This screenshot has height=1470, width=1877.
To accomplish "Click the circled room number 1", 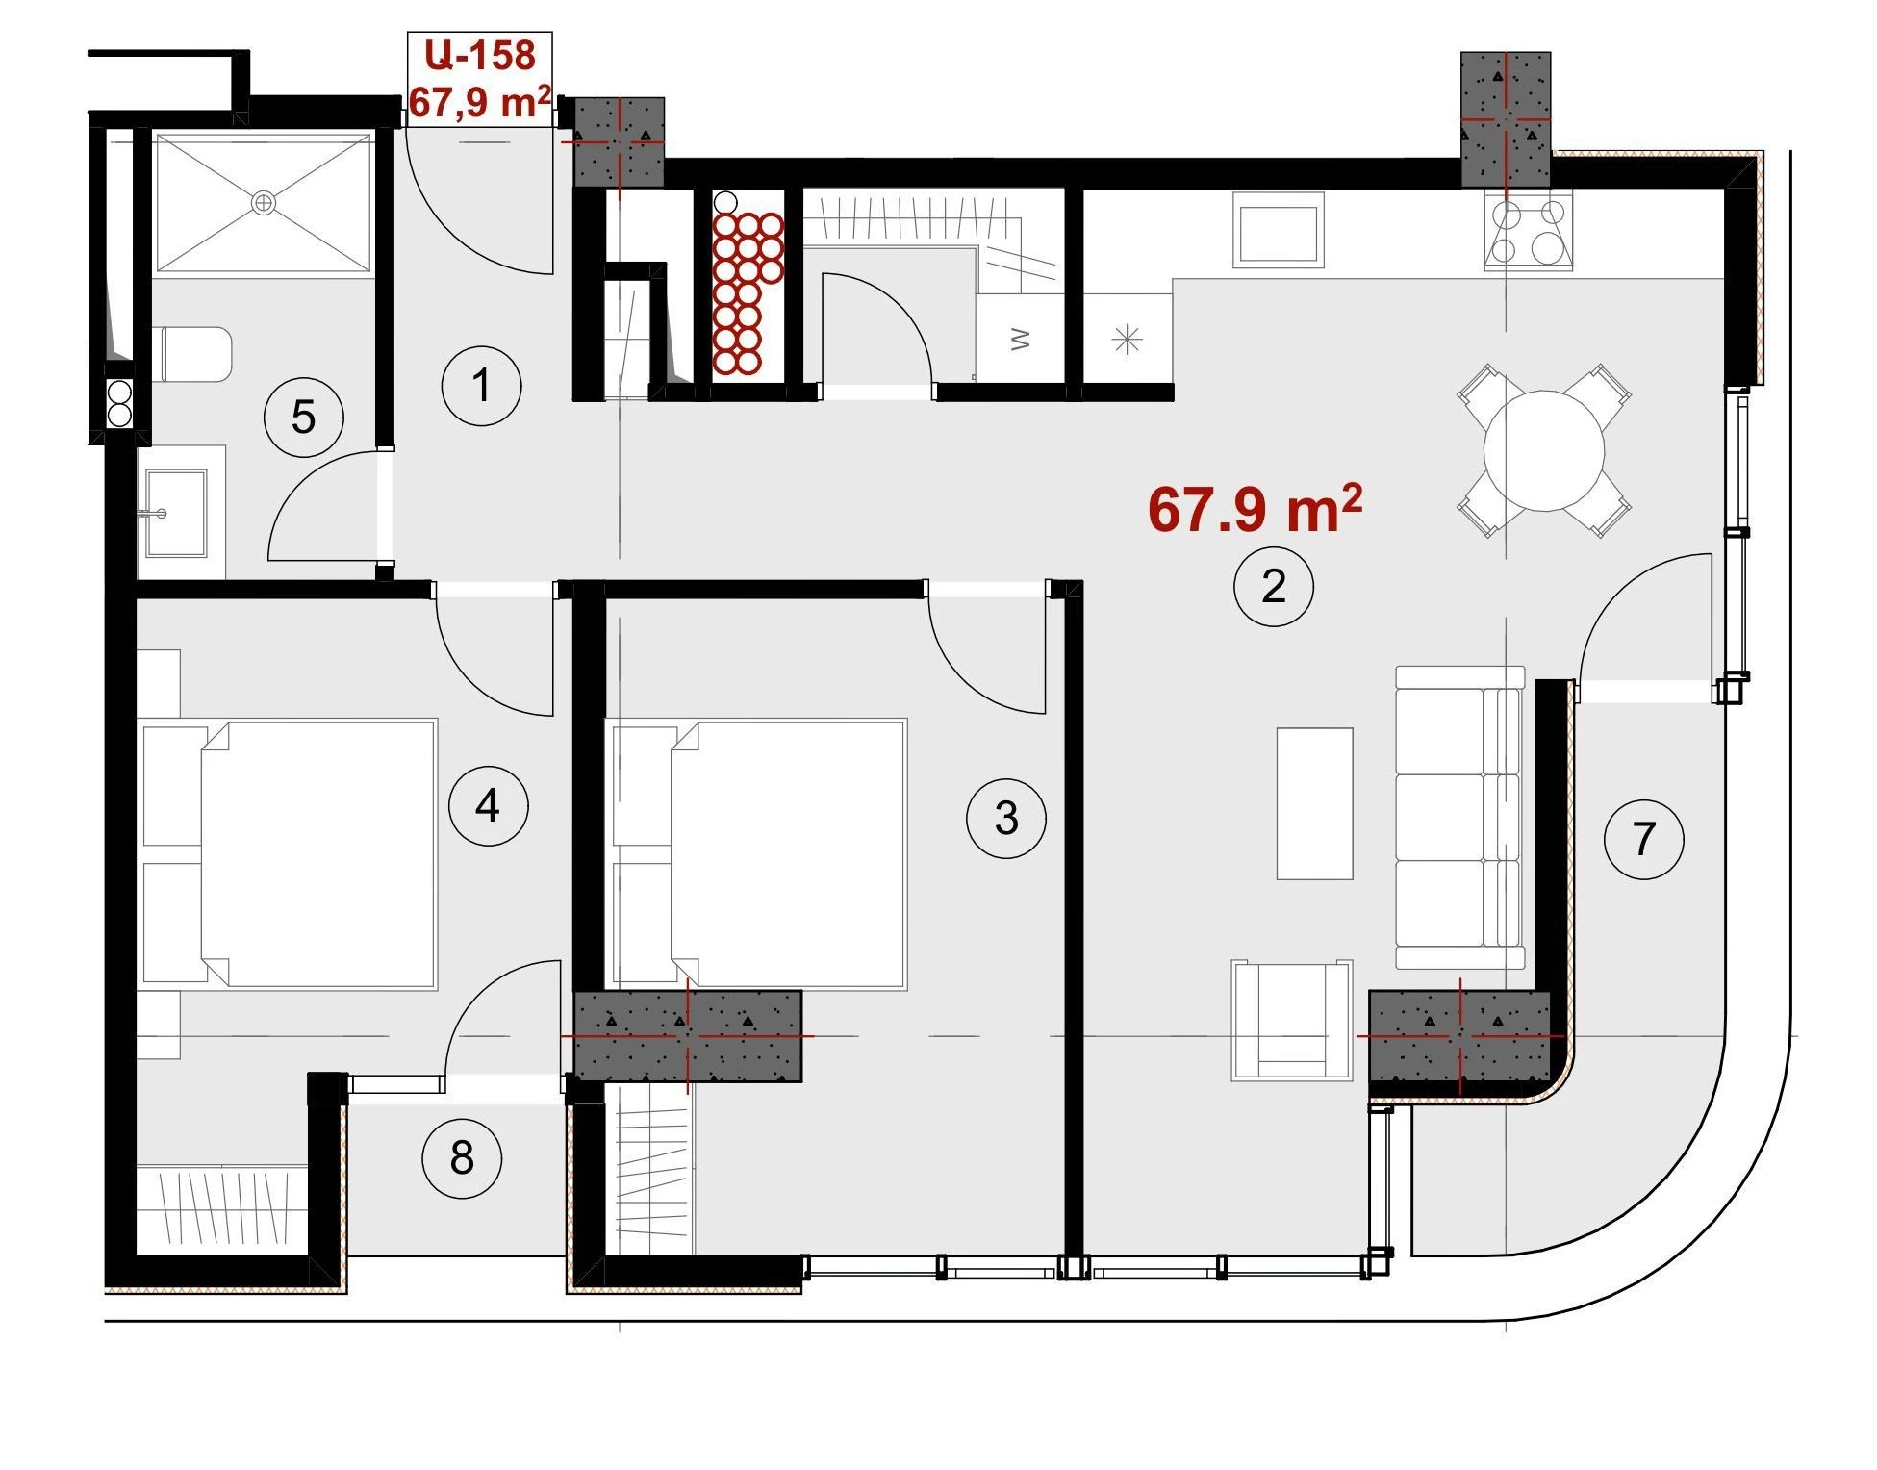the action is click(481, 386).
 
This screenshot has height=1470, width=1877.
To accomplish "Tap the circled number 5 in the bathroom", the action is click(303, 418).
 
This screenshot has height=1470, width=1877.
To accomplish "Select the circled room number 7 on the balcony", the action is click(1643, 839).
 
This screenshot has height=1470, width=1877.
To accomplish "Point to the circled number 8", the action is click(462, 1158).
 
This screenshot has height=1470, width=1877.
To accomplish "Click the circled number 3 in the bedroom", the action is click(1006, 819).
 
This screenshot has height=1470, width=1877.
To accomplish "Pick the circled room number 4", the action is click(488, 805).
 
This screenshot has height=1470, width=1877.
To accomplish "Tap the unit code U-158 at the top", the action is click(480, 55).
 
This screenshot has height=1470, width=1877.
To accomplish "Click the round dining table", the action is click(1544, 450).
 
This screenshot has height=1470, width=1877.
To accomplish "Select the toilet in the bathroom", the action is click(192, 354).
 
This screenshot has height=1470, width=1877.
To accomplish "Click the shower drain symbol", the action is click(263, 203).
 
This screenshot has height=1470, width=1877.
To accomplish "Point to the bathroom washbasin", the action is click(176, 513).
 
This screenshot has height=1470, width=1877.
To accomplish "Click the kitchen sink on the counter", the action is click(1279, 231).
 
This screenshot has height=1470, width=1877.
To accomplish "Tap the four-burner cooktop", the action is click(1529, 232).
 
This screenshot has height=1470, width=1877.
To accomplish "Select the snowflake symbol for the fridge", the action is click(1127, 340).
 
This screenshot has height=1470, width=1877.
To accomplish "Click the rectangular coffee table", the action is click(1314, 804).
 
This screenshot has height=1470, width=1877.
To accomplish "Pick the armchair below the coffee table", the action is click(1292, 1020).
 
